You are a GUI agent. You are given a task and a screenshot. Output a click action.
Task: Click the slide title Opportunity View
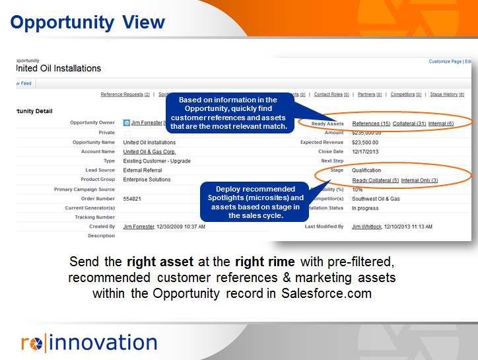[87, 22]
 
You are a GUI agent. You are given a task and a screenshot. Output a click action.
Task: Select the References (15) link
[371, 124]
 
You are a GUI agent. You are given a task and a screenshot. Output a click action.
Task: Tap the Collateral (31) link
[409, 124]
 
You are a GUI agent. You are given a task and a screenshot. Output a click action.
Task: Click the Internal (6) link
[441, 124]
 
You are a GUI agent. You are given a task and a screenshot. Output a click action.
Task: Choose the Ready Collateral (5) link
[375, 180]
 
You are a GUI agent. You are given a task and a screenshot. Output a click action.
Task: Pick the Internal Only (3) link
[419, 180]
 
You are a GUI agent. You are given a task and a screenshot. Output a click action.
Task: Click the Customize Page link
[445, 61]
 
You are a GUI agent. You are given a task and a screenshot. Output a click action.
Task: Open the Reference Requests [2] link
[125, 94]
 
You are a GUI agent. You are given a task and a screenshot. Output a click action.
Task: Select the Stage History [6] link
[446, 94]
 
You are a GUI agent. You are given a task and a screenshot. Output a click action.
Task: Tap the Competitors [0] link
[405, 94]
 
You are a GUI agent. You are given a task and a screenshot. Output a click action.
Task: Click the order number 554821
[132, 199]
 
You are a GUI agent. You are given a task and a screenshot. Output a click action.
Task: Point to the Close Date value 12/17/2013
[367, 151]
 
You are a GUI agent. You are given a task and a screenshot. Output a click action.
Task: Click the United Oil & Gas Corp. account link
[149, 152]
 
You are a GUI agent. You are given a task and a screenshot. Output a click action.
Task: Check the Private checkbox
[127, 133]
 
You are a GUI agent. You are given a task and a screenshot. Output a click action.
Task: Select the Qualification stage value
[366, 170]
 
